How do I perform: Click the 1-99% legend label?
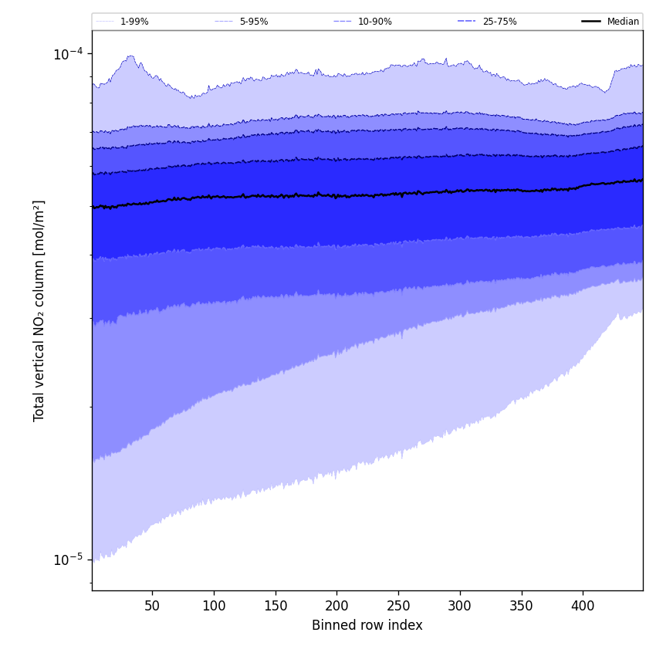[134, 22]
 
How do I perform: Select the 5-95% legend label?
[254, 22]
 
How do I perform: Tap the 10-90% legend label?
[374, 22]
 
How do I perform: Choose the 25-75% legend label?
[499, 22]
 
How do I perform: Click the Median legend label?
[623, 22]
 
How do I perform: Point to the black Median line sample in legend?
[591, 22]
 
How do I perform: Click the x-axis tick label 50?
[152, 607]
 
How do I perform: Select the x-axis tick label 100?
[214, 607]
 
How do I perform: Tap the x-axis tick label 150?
[275, 607]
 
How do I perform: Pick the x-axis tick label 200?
[336, 607]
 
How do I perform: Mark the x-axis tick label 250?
[398, 607]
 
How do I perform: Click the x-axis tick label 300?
[460, 607]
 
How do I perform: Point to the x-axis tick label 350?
[521, 607]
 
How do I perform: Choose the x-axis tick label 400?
[583, 607]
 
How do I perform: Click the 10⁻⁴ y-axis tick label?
[67, 54]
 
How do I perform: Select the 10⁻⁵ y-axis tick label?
[67, 559]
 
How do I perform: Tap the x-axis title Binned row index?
[367, 626]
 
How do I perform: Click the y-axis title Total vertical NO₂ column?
[39, 310]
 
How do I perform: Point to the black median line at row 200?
[336, 196]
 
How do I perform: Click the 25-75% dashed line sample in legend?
[466, 22]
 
